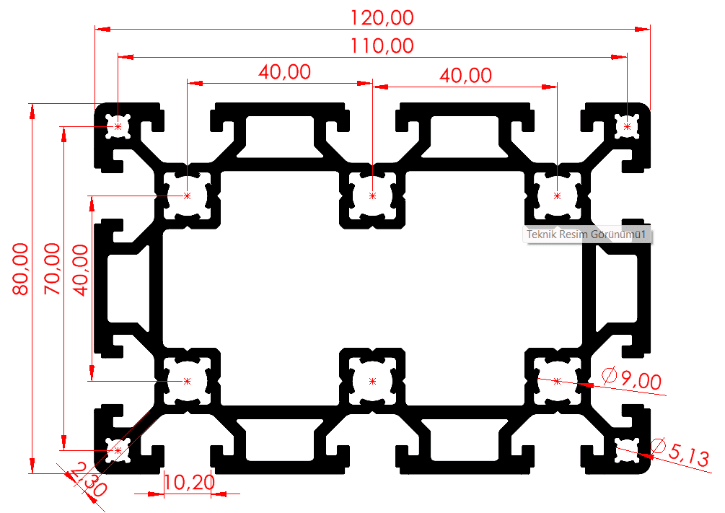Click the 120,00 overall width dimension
click(x=382, y=18)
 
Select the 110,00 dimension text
click(x=382, y=46)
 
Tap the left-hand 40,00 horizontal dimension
click(x=284, y=72)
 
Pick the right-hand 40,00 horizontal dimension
click(x=465, y=76)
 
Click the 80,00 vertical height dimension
click(x=21, y=269)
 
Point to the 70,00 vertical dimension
click(x=52, y=269)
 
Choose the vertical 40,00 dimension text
click(x=81, y=270)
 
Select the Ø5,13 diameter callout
click(x=680, y=452)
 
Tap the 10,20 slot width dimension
click(x=189, y=483)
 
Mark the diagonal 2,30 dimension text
click(x=88, y=480)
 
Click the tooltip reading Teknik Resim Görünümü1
click(x=587, y=234)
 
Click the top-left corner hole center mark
click(x=118, y=126)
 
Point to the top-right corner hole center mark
click(x=627, y=126)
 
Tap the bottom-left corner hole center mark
click(x=118, y=450)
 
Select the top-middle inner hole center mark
click(x=373, y=196)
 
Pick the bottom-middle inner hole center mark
click(x=373, y=381)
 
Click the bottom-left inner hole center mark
click(x=188, y=381)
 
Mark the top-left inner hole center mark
click(x=188, y=196)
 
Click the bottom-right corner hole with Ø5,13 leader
click(x=627, y=450)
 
